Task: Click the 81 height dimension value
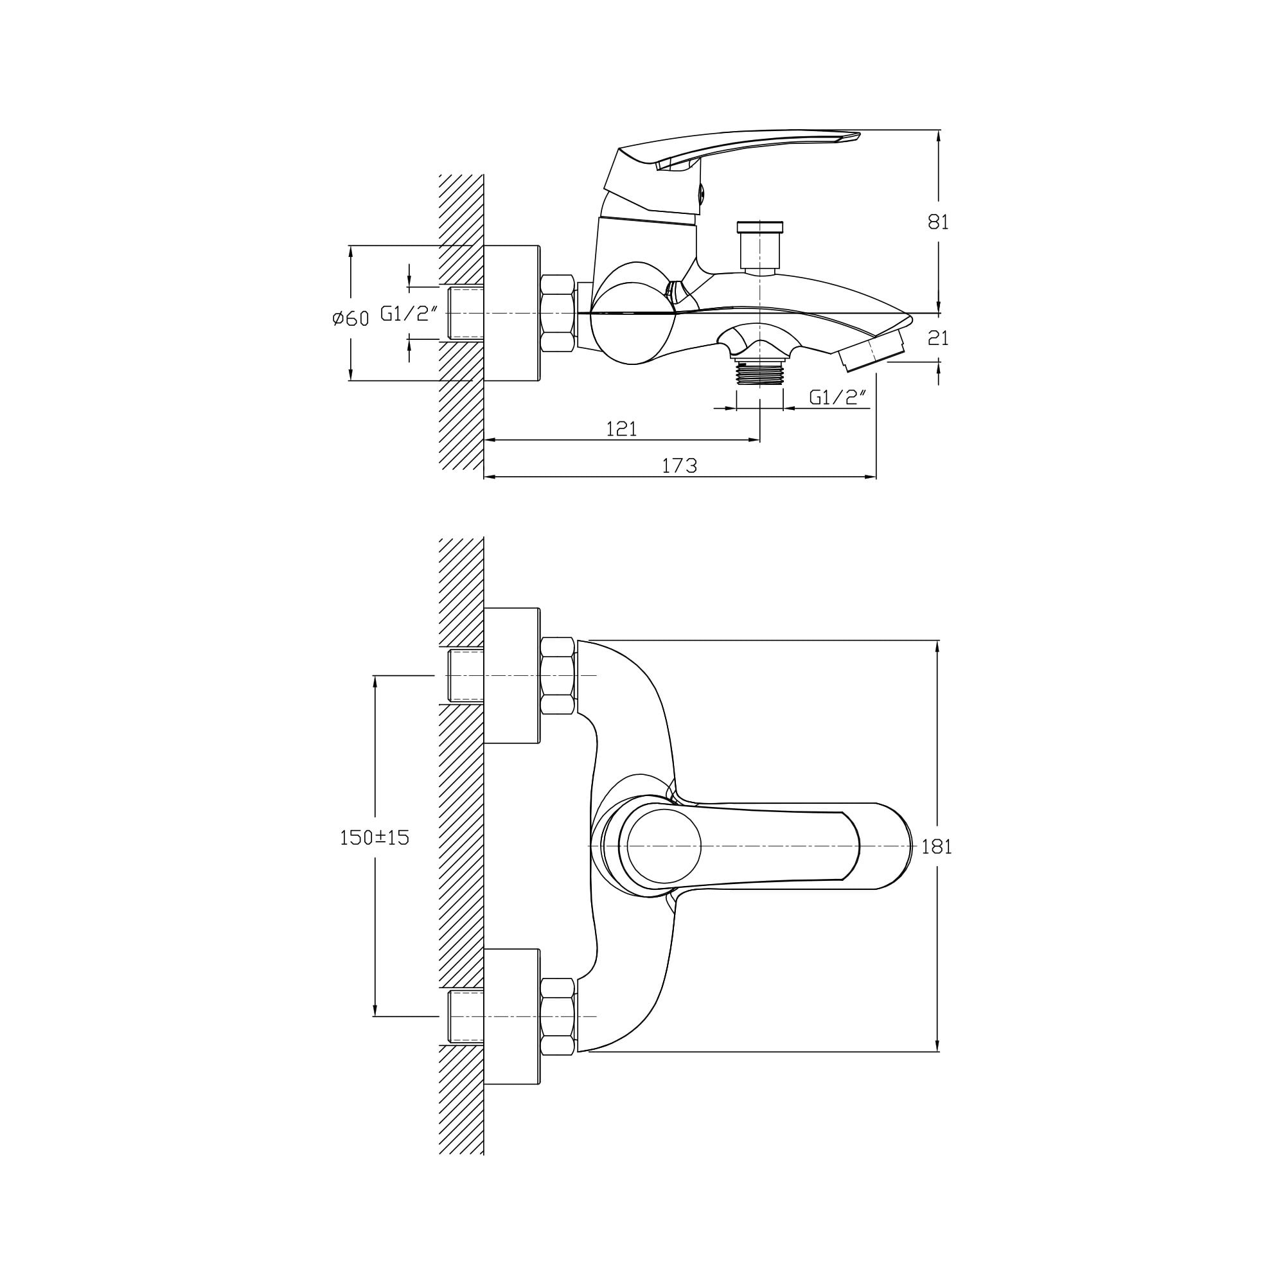coord(938,222)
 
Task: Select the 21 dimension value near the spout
coord(938,339)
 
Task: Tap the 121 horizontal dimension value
coord(621,429)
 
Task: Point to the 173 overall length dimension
coord(679,466)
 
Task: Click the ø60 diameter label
coord(351,319)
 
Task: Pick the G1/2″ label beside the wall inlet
coord(409,314)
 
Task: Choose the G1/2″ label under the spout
coord(838,397)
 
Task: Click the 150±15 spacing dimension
coord(375,837)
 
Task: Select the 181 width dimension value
coord(937,847)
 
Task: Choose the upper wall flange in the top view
coord(511,676)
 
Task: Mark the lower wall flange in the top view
coord(511,1017)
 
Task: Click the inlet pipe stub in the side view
coord(466,314)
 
